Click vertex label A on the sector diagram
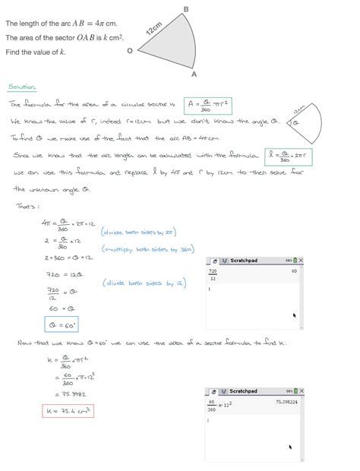194,74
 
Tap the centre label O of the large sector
130,51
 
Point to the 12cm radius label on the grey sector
154,29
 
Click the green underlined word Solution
22,87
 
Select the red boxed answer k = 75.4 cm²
68,411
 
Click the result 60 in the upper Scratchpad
293,271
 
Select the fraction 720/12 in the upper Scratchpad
213,274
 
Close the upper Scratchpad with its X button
302,261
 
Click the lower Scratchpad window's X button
302,391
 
